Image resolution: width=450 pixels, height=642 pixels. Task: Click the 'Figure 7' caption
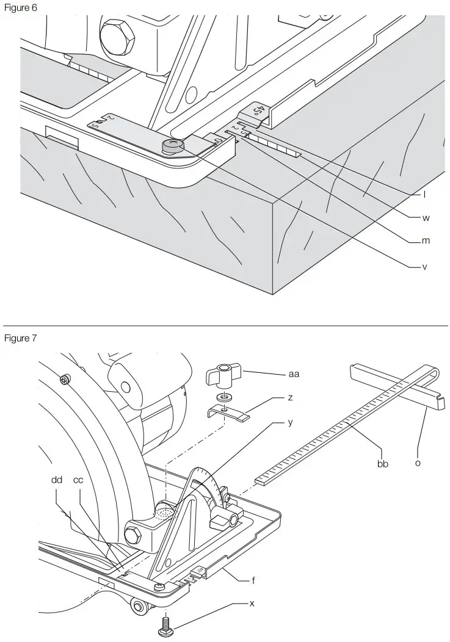tap(21, 339)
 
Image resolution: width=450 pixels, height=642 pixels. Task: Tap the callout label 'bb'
tap(383, 463)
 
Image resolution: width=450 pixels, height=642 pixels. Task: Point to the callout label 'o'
tap(418, 463)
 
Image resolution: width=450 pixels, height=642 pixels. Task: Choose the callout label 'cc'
tap(78, 480)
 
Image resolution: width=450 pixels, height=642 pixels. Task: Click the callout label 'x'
tap(252, 603)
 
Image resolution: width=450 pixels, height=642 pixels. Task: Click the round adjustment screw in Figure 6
tap(173, 145)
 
